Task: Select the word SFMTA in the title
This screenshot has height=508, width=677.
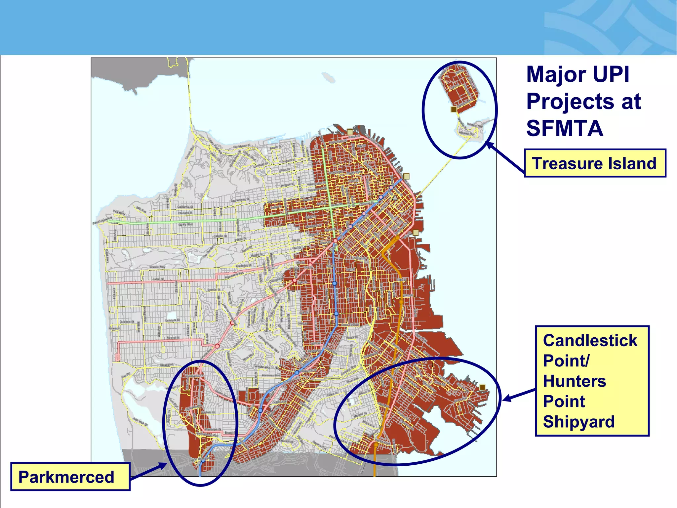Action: (565, 128)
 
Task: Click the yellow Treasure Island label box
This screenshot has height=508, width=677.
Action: (595, 163)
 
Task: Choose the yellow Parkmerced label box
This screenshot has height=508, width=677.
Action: (70, 477)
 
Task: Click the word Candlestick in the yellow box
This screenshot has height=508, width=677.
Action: (590, 341)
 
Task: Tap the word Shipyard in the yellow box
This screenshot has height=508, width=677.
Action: (579, 422)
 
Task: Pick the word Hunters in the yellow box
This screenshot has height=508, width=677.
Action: (575, 381)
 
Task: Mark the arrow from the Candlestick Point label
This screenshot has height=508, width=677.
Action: (519, 396)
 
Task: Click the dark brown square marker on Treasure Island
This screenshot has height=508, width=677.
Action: (454, 109)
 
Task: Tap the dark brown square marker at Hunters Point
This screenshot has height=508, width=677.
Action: (482, 387)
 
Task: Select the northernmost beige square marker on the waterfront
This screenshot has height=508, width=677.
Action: (350, 132)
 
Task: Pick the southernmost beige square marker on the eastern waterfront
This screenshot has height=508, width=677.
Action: (416, 233)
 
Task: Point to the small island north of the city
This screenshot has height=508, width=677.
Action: (328, 77)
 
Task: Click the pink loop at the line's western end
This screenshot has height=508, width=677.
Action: (117, 357)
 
